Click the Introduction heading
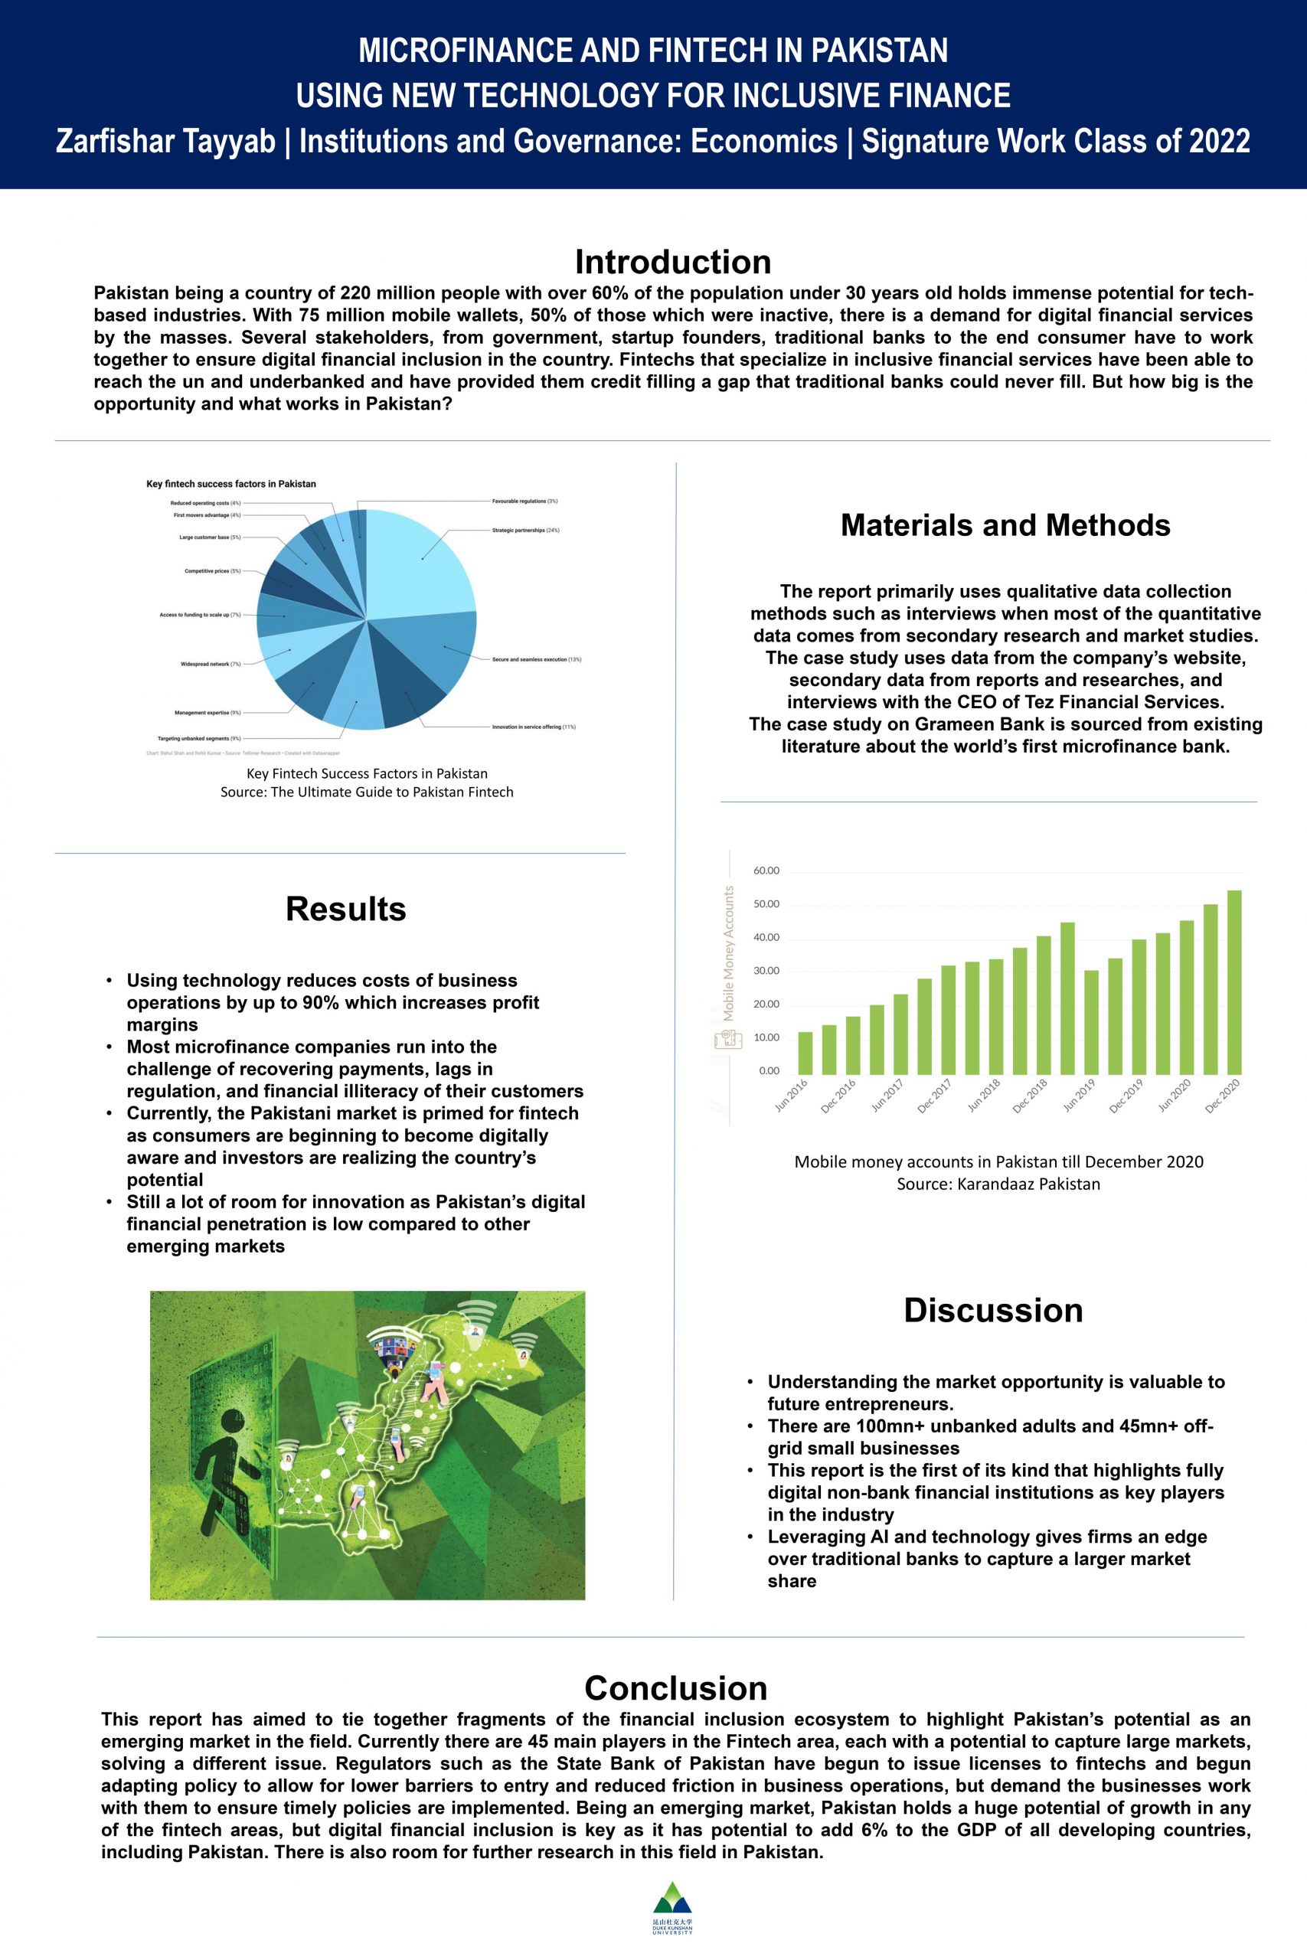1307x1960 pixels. [x=673, y=262]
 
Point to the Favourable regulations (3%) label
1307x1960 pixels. [x=524, y=501]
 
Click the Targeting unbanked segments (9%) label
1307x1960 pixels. [x=199, y=738]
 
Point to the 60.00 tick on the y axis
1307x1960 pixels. [x=766, y=871]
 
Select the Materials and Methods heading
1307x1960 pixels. [x=1005, y=525]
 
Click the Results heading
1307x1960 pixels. [x=346, y=908]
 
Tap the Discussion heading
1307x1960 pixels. [x=994, y=1310]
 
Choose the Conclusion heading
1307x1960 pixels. [x=675, y=1687]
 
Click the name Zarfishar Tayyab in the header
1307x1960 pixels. [x=165, y=141]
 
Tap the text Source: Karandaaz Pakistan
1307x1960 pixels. [x=998, y=1184]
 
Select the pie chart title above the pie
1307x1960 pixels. [x=231, y=483]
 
